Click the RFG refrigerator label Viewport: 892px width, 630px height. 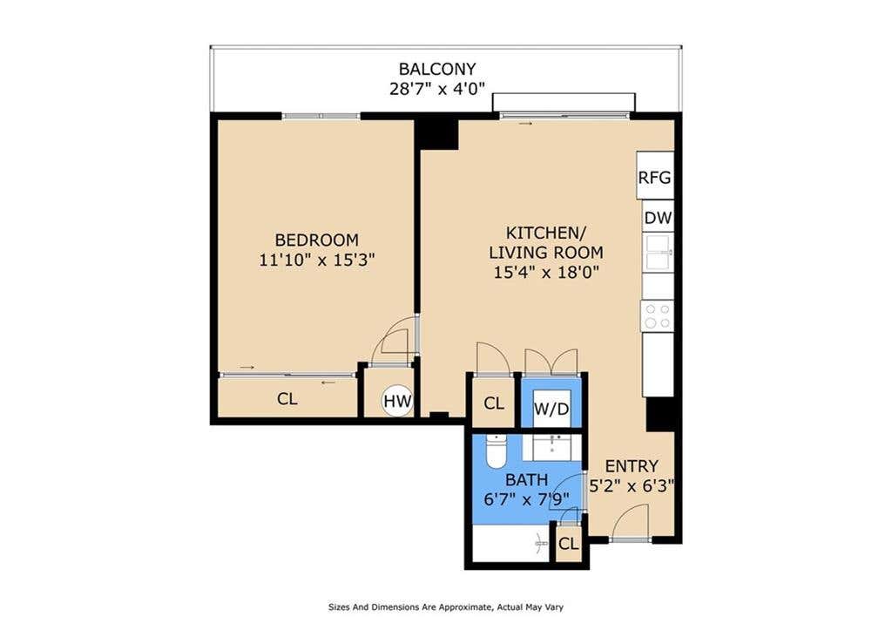click(x=654, y=178)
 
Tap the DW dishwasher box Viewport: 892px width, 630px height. click(x=659, y=217)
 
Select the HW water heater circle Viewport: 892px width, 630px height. click(x=397, y=401)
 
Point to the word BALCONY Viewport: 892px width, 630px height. click(x=437, y=69)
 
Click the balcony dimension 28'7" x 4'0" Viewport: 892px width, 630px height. click(x=437, y=89)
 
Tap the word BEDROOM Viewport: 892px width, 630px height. click(x=316, y=240)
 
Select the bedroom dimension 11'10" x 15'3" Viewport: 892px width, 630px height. click(x=317, y=260)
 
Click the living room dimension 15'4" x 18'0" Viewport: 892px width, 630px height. click(x=547, y=273)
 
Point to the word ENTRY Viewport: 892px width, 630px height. click(x=631, y=466)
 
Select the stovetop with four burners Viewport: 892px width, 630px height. click(x=658, y=316)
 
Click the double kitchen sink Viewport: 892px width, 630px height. click(x=659, y=252)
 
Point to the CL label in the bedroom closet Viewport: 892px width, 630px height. click(x=287, y=399)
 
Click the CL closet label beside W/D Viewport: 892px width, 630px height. click(x=494, y=403)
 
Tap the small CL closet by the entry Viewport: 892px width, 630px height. click(x=568, y=544)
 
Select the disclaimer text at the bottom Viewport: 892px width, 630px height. click(x=446, y=607)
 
